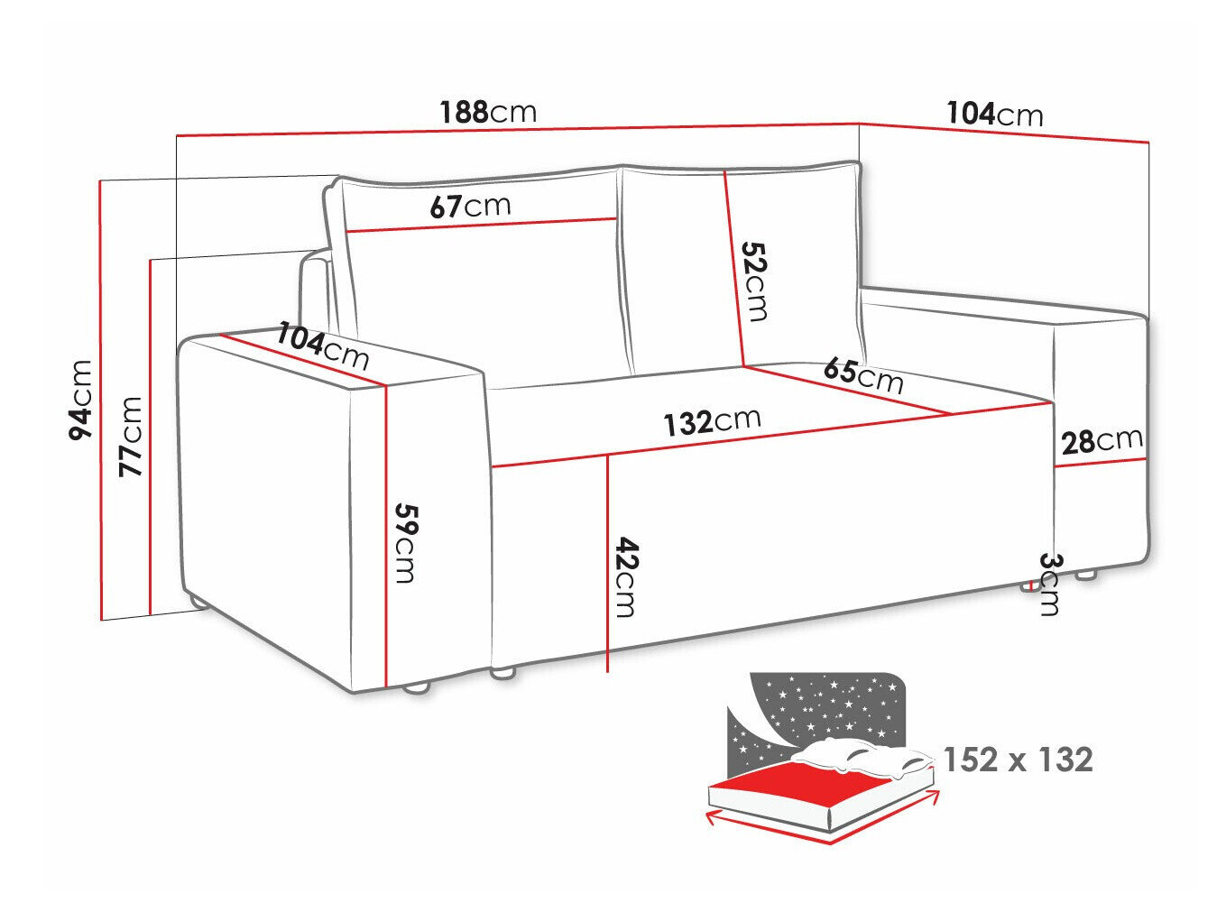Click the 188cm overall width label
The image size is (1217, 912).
click(x=488, y=112)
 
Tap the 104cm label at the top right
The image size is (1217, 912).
click(x=994, y=114)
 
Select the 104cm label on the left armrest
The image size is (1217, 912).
click(x=322, y=345)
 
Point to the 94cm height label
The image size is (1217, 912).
click(x=81, y=399)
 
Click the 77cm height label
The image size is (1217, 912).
click(x=132, y=436)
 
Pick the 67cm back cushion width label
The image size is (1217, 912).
click(x=469, y=206)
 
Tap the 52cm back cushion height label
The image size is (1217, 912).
click(x=753, y=281)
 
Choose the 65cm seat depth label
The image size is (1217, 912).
click(x=862, y=374)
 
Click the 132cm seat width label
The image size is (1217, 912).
click(x=712, y=421)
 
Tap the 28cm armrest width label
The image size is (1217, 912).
click(x=1102, y=440)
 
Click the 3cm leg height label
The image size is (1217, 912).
click(x=1049, y=584)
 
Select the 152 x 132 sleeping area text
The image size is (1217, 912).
click(x=1018, y=760)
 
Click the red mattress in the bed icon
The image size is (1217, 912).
click(x=794, y=784)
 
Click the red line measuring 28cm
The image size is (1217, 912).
click(x=1101, y=463)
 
